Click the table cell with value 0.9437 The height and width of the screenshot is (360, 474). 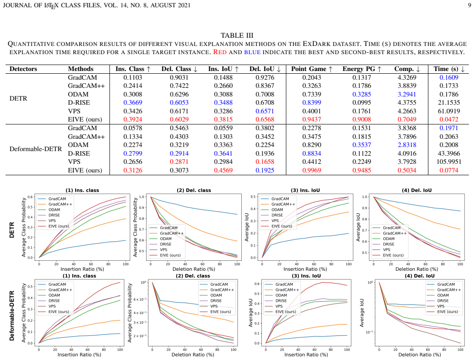coord(311,119)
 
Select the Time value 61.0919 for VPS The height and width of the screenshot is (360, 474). coord(449,111)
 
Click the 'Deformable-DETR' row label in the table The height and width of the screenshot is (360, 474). coord(36,149)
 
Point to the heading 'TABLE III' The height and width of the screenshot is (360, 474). coord(237,35)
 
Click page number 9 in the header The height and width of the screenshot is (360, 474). coord(469,5)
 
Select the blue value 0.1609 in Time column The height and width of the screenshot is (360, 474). coord(449,77)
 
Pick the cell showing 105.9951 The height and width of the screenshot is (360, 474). coord(449,162)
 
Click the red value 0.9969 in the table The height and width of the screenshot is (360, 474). coord(311,170)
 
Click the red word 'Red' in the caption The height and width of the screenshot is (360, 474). coord(220,52)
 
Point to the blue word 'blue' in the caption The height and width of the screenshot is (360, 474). coord(252,52)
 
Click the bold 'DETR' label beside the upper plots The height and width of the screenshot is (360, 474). coord(12,230)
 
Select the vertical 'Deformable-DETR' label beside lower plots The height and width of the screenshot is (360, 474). coord(12,315)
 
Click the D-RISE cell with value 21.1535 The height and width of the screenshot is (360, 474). coord(449,102)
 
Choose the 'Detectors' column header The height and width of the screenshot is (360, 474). coord(23,69)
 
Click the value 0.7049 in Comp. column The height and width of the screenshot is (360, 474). coord(407,119)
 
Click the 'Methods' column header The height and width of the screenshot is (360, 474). coord(81,69)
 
